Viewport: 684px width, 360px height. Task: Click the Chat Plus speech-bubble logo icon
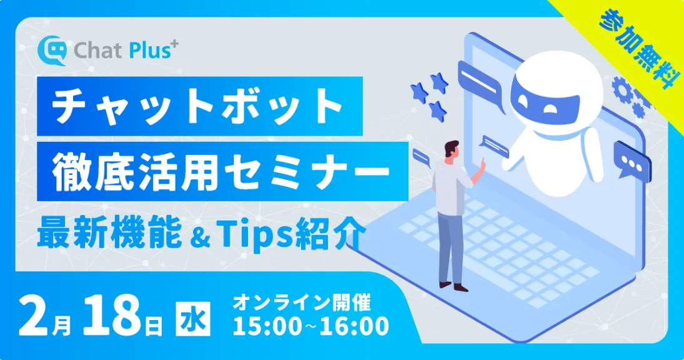pyautogui.click(x=52, y=51)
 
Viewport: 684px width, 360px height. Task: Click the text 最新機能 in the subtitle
pyautogui.click(x=90, y=236)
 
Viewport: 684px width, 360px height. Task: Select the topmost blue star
pyautogui.click(x=440, y=81)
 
